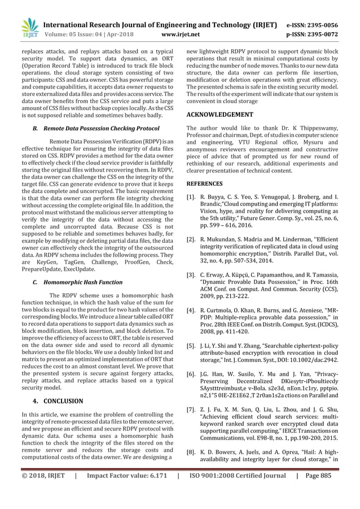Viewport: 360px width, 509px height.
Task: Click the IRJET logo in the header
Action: [x=28, y=29]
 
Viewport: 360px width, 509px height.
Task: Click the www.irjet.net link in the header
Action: [x=179, y=34]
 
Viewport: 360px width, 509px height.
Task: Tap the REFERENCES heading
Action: [x=204, y=183]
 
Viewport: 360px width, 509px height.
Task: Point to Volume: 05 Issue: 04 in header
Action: [x=81, y=34]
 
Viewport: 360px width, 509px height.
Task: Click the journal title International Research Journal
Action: [x=161, y=25]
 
